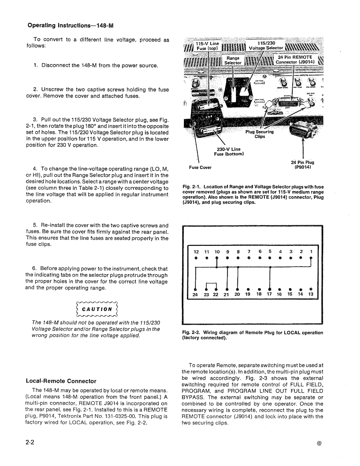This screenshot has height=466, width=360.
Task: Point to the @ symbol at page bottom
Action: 319,444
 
